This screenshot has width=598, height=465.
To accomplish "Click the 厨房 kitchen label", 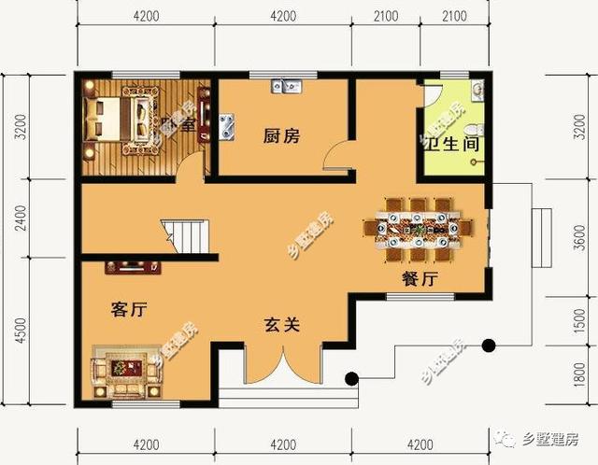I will pyautogui.click(x=280, y=136).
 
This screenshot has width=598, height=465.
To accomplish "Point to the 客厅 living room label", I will pyautogui.click(x=127, y=309).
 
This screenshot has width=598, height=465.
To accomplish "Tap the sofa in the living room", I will pyautogui.click(x=126, y=374).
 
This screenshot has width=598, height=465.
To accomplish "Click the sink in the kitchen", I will pyautogui.click(x=289, y=87).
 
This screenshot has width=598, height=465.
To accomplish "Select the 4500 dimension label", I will pyautogui.click(x=17, y=331).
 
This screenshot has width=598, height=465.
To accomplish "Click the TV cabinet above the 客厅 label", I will pyautogui.click(x=133, y=267).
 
